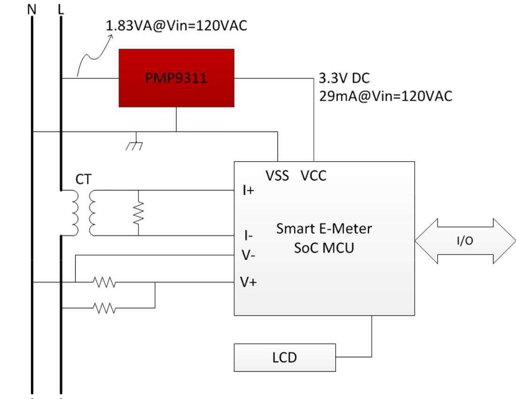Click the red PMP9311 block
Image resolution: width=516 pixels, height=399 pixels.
(176, 78)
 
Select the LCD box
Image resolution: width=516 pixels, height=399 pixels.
(285, 358)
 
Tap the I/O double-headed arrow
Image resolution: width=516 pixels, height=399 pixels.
(465, 241)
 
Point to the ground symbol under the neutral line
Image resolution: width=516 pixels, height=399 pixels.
(136, 143)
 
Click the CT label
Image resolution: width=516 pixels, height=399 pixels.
(84, 180)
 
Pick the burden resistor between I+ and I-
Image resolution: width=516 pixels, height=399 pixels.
(139, 213)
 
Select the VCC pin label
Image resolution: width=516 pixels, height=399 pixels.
(313, 176)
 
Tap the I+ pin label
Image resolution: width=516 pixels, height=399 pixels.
(249, 190)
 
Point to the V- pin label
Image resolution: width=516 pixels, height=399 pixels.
(249, 255)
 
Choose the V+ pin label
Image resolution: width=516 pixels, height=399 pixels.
(249, 282)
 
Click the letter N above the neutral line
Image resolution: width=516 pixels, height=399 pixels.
(32, 8)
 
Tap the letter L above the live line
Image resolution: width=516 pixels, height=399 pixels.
(61, 8)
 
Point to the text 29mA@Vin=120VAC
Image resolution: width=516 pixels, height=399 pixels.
(385, 96)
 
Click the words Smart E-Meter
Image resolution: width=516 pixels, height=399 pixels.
(324, 229)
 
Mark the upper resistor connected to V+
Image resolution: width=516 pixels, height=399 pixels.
(104, 282)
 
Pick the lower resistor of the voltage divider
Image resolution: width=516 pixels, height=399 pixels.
(104, 308)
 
